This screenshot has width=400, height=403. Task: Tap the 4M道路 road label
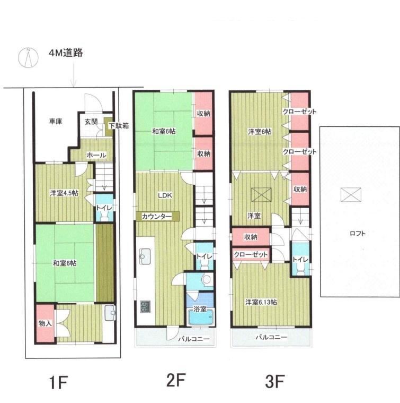65,53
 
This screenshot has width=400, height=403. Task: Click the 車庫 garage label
56,122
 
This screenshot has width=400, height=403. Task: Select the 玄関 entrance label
91,122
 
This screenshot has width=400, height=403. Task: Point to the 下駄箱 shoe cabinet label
118,126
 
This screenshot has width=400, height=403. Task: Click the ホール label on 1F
96,155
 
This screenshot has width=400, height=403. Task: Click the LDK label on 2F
164,194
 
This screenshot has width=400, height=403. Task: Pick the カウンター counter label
156,217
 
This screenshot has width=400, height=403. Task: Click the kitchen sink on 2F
144,259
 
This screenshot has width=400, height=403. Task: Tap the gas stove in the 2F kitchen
145,307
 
